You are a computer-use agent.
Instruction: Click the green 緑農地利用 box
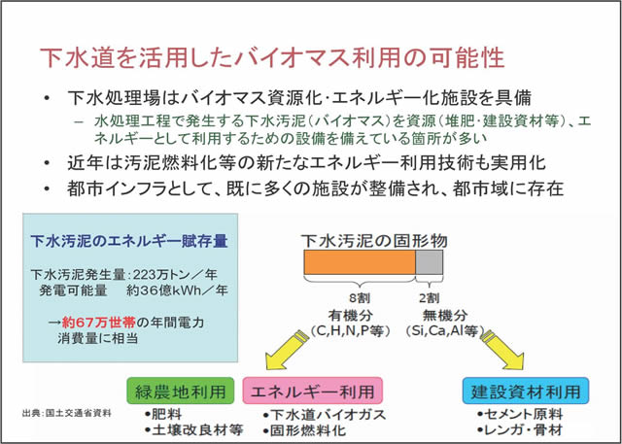(x=181, y=392)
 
